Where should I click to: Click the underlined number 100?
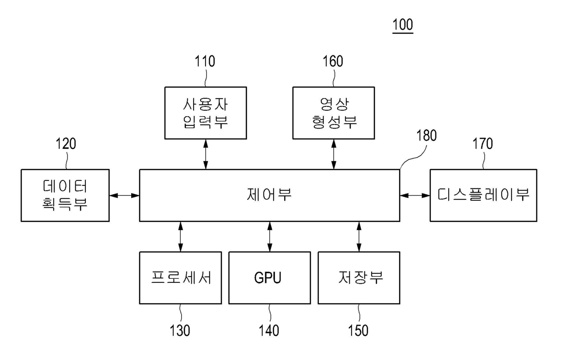coord(402,25)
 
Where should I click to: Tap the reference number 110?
coord(205,61)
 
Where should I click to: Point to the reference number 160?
coord(333,61)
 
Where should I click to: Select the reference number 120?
coord(66,144)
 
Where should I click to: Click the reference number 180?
coord(426,135)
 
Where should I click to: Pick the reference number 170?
coord(483,144)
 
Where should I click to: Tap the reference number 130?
coord(180,331)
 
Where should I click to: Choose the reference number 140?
coord(269,331)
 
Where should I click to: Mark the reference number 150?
coord(358,331)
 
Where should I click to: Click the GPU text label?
coord(268,278)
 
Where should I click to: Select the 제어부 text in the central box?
coord(269,195)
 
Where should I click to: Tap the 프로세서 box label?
coord(181,277)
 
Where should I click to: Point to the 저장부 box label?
coord(361,277)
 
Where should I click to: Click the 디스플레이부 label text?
coord(483,195)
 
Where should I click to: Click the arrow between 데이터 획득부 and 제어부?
coord(124,196)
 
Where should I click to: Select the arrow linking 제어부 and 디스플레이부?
coord(415,196)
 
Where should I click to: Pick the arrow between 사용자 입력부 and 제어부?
coord(206,154)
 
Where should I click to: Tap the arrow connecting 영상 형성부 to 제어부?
coord(334,154)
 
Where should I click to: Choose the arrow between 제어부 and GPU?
coord(270,236)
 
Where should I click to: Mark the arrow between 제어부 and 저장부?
coord(359,236)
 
